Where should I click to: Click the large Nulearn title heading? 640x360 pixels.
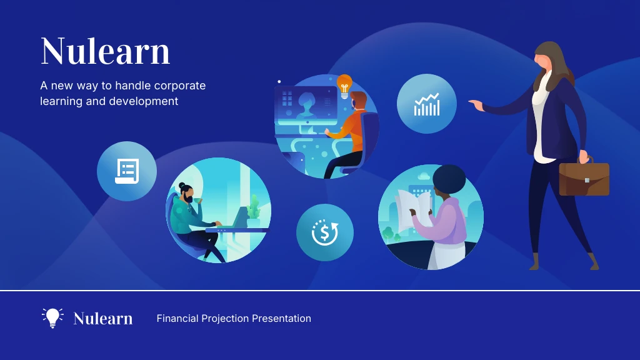105,51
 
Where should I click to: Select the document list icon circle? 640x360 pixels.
127,171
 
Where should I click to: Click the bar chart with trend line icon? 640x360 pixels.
427,104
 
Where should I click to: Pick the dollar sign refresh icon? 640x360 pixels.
325,232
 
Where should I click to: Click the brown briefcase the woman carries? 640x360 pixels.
584,179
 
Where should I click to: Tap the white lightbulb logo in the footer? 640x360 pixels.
52,317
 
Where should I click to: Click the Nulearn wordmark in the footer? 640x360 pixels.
103,319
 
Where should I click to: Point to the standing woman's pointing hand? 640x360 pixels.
476,105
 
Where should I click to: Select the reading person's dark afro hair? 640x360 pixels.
449,179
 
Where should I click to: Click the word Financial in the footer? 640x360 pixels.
177,319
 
